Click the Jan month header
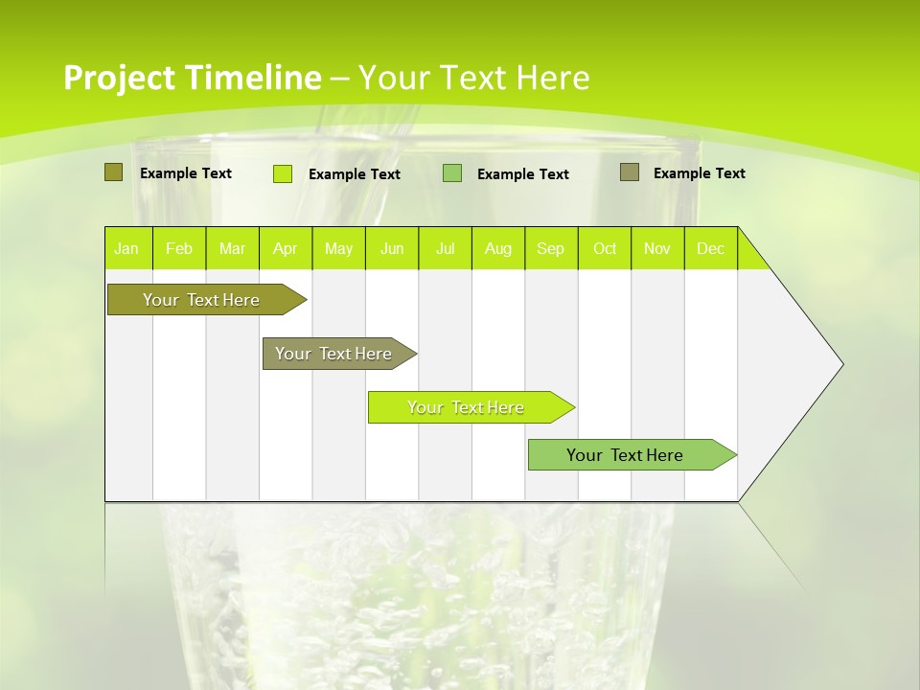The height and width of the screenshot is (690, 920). [x=127, y=248]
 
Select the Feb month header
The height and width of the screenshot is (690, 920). [x=179, y=248]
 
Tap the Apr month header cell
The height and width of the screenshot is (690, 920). [x=286, y=248]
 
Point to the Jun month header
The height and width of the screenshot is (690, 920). [x=392, y=248]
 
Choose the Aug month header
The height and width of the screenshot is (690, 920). [x=498, y=248]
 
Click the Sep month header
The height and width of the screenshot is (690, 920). [x=551, y=248]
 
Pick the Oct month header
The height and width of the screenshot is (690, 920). [x=605, y=248]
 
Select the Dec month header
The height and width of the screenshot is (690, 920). [x=711, y=248]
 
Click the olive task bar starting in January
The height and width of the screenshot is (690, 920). [x=201, y=300]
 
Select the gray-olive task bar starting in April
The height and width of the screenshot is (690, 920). [x=334, y=354]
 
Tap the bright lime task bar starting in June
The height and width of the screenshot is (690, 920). [x=466, y=407]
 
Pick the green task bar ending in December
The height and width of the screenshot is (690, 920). [x=626, y=455]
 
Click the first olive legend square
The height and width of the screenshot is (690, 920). [x=114, y=172]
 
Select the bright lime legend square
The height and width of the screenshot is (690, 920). [x=283, y=173]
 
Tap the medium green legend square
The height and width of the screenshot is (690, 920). [x=452, y=173]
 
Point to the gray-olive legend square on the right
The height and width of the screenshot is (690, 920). [x=630, y=172]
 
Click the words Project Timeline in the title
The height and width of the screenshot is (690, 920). [x=192, y=78]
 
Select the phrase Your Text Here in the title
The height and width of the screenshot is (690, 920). [x=473, y=78]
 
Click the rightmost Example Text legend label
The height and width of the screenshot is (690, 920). [x=699, y=173]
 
